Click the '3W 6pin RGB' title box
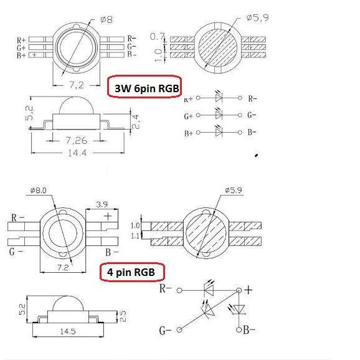tap(144, 87)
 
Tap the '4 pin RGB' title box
tap(132, 272)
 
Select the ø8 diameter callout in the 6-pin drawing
tap(107, 20)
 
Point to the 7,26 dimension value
tap(77, 140)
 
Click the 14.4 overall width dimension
tap(77, 153)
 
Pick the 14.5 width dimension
tap(68, 331)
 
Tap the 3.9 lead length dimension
tap(102, 204)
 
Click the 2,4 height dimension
tap(135, 121)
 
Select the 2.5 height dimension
tap(123, 316)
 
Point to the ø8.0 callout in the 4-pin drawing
tap(39, 191)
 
